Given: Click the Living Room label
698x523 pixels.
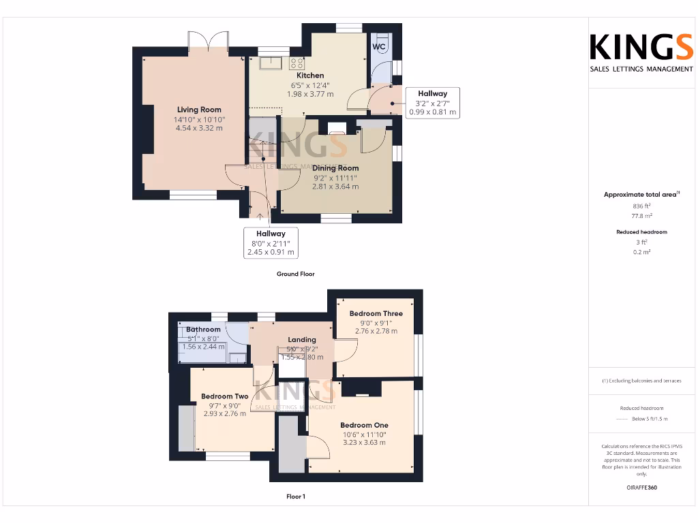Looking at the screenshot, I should (x=199, y=110).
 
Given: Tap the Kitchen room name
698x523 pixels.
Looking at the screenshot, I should (x=310, y=76).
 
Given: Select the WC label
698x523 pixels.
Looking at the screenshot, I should (x=380, y=46).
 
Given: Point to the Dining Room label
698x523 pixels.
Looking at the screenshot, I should (x=335, y=168).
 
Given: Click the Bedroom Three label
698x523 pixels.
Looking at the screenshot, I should (x=376, y=314).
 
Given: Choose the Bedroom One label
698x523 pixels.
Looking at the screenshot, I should (x=364, y=425).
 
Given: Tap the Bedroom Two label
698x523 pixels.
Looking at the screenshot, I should (x=225, y=396).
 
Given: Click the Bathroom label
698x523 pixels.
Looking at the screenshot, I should (x=203, y=330).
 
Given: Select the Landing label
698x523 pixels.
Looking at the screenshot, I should (x=302, y=340).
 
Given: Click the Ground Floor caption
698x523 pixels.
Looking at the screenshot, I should (x=295, y=274).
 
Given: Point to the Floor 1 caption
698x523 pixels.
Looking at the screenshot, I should (x=296, y=496).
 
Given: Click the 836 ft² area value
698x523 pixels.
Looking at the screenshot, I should (x=641, y=205).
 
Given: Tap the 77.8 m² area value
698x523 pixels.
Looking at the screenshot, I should (x=641, y=215).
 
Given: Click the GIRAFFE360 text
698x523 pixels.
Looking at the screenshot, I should (x=641, y=488).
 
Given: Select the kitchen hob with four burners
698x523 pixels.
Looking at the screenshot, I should (x=297, y=63).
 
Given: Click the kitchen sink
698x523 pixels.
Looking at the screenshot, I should (x=271, y=63).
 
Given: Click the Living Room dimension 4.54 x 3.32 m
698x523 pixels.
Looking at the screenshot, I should (x=199, y=128).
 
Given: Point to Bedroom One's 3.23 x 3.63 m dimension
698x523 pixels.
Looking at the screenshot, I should (x=364, y=443).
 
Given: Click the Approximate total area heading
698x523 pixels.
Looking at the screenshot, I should (x=641, y=195).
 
